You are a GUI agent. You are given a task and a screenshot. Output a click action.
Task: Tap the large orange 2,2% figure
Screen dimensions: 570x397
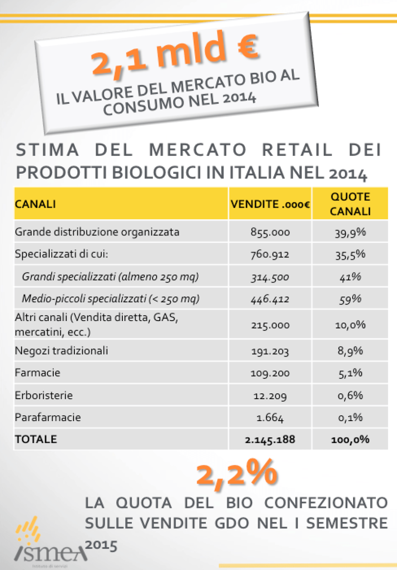pyautogui.click(x=237, y=473)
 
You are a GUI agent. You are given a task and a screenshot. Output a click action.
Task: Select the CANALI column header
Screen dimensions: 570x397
pyautogui.click(x=36, y=204)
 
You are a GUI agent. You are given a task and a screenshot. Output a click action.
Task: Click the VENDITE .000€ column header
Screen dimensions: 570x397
pyautogui.click(x=270, y=204)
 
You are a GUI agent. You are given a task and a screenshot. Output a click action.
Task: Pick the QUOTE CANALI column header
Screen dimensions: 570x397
pyautogui.click(x=350, y=204)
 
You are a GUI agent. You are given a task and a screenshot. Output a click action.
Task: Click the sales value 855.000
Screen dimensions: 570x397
pyautogui.click(x=270, y=232)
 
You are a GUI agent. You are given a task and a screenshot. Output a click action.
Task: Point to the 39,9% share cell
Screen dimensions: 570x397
pyautogui.click(x=350, y=232)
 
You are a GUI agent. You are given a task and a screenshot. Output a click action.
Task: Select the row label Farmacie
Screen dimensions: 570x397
pyautogui.click(x=38, y=373)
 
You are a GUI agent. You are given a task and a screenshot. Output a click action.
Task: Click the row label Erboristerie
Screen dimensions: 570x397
pyautogui.click(x=44, y=395)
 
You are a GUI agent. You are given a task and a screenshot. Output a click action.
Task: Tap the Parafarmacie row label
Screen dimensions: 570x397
pyautogui.click(x=48, y=417)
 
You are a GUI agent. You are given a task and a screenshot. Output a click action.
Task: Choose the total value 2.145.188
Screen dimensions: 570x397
pyautogui.click(x=270, y=440)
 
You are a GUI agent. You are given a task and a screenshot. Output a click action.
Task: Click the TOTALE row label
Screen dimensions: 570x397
pyautogui.click(x=36, y=439)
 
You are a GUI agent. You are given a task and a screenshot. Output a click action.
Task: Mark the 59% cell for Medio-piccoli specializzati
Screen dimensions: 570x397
pyautogui.click(x=350, y=299)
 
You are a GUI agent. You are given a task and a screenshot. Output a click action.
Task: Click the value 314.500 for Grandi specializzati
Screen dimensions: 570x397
pyautogui.click(x=270, y=277)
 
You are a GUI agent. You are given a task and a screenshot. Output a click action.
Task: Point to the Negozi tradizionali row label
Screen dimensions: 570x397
pyautogui.click(x=62, y=351)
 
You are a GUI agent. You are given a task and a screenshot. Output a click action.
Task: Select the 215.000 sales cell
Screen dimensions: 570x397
pyautogui.click(x=270, y=325)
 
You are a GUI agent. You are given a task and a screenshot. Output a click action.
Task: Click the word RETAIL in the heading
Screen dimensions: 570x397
pyautogui.click(x=297, y=150)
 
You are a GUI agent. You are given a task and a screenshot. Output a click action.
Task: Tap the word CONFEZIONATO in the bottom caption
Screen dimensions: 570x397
pyautogui.click(x=326, y=503)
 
